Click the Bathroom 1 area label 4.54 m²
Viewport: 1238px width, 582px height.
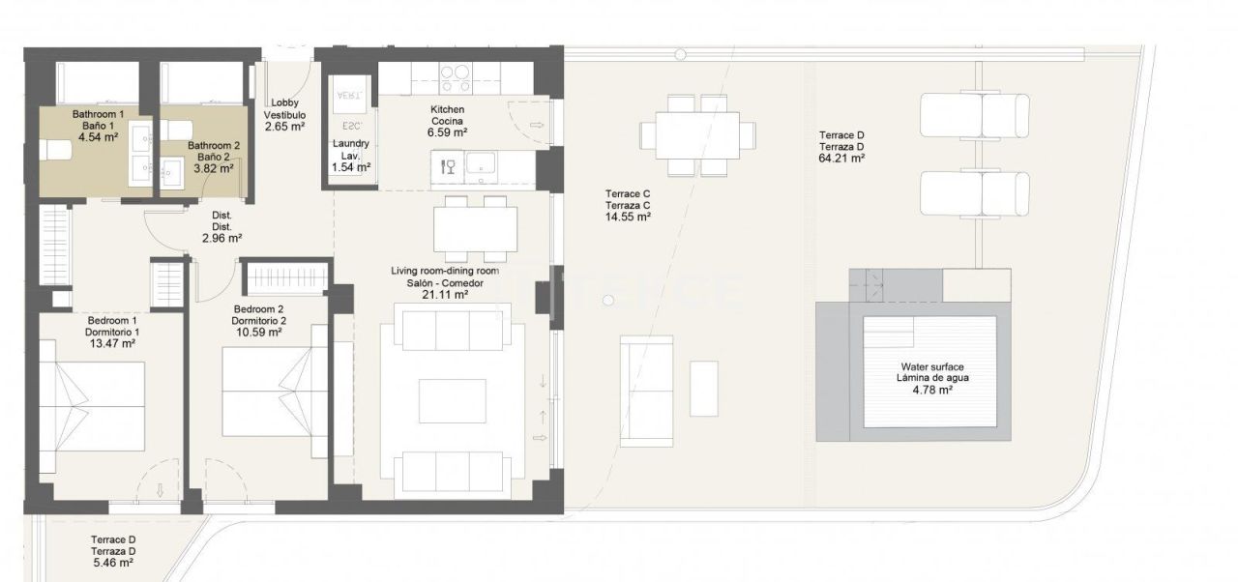coord(97,137)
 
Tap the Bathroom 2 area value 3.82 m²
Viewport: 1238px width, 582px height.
coord(213,168)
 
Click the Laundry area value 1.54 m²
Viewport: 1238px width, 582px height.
coord(350,167)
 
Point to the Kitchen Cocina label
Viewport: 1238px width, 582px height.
coord(448,116)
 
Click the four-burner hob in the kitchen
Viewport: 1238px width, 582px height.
coord(455,74)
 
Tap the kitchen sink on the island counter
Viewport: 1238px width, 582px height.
coord(481,166)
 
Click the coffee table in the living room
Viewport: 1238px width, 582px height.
coord(452,400)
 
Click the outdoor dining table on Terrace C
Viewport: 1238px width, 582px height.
coord(696,135)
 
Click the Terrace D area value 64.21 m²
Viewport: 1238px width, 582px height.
coord(840,158)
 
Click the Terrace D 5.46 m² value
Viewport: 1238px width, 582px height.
coord(113,563)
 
